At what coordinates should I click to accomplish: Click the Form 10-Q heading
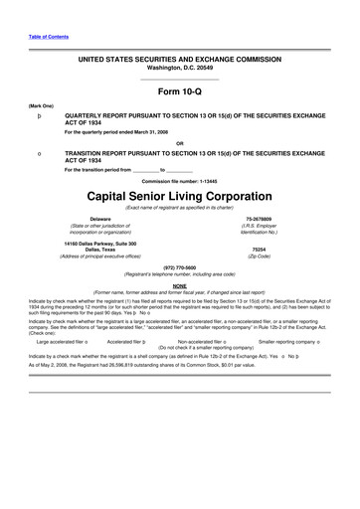[x=180, y=91]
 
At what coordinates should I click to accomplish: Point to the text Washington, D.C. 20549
[x=180, y=68]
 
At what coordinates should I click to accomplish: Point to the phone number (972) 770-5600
[x=180, y=267]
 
